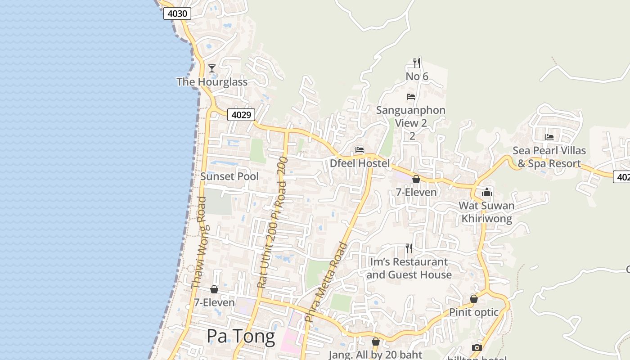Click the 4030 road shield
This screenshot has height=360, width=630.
[177, 13]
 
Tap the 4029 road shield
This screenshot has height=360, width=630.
[241, 115]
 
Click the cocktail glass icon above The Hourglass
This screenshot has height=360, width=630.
[212, 68]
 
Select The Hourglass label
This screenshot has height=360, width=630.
[212, 82]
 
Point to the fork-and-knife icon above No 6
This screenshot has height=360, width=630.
[417, 63]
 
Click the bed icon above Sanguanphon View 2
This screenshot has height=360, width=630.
[410, 97]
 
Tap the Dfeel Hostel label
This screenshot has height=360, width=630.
[360, 163]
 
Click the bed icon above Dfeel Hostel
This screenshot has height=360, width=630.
[359, 150]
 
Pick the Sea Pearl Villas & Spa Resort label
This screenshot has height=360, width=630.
[549, 157]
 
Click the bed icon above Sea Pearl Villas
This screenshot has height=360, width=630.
[549, 137]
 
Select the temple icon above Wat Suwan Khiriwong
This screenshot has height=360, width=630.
[486, 193]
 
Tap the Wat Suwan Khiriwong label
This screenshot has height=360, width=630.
[486, 212]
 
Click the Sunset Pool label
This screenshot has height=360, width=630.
[229, 176]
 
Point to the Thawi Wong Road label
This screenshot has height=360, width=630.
[198, 242]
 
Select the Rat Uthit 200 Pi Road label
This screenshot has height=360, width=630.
[272, 223]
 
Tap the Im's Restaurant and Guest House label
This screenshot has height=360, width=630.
[409, 268]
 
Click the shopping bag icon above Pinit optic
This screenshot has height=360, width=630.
[473, 299]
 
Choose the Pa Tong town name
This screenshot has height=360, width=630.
[241, 336]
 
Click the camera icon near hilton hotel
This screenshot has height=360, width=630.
[477, 347]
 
